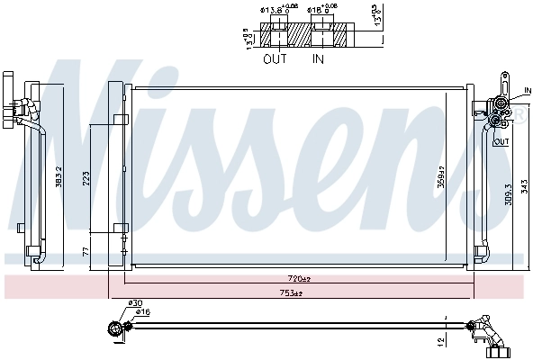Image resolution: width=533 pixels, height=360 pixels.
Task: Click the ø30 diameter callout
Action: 136,303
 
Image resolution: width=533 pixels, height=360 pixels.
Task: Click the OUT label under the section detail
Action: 275,60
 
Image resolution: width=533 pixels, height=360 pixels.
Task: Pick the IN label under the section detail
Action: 318,60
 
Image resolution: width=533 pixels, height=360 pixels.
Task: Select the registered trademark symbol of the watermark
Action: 519,114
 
